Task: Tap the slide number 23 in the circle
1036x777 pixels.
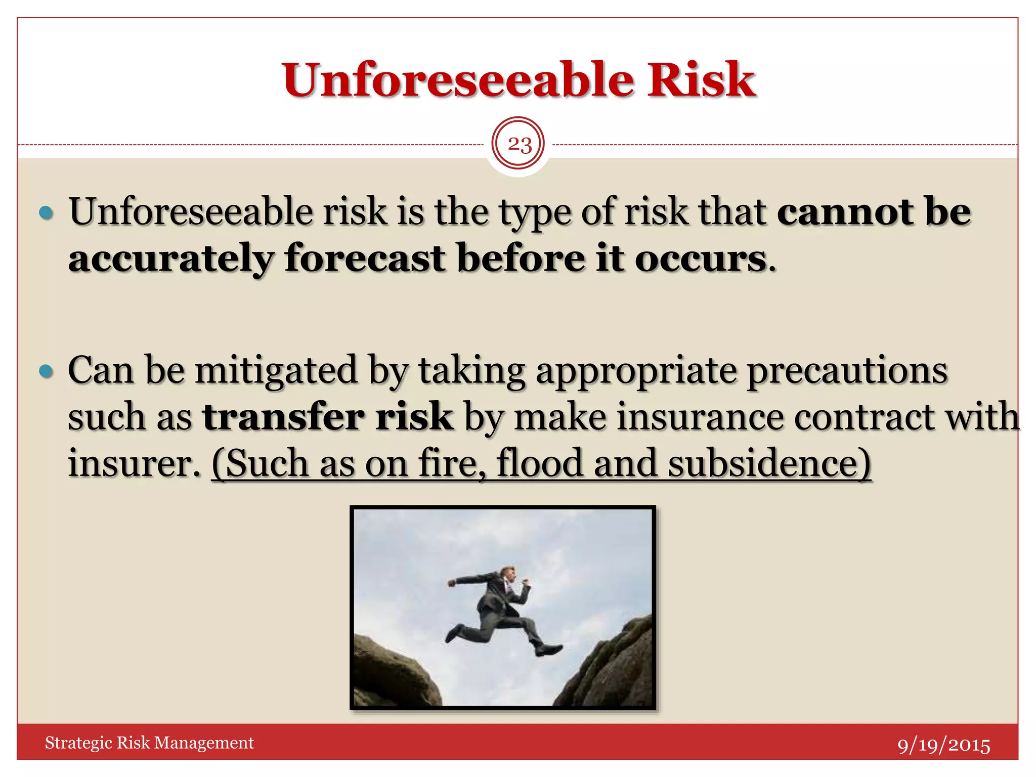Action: click(x=519, y=145)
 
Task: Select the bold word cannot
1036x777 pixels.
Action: click(x=845, y=211)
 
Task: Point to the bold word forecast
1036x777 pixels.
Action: click(x=365, y=258)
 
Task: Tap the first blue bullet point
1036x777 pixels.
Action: click(x=46, y=212)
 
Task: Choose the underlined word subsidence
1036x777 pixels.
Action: click(x=769, y=463)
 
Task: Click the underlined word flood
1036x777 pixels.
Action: click(x=539, y=463)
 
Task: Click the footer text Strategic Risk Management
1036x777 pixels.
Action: click(x=149, y=743)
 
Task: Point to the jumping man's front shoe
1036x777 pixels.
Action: click(x=548, y=650)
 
